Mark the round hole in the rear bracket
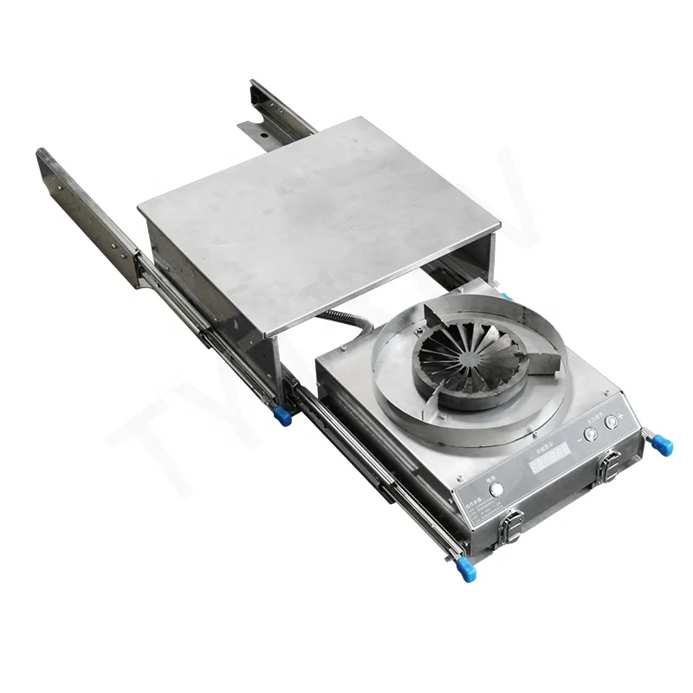click(261, 136)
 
